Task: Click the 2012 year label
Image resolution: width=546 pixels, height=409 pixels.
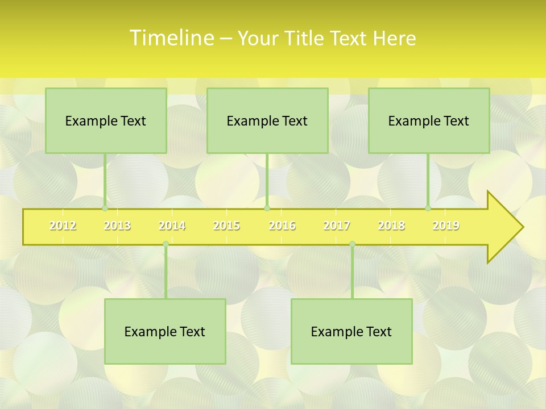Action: tap(63, 226)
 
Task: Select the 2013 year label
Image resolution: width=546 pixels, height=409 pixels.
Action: tap(117, 226)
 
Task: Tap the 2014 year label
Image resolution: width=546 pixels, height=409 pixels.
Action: tap(172, 226)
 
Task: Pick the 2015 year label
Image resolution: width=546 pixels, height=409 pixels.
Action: tap(226, 226)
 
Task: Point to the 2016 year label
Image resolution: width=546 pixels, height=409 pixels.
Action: tap(282, 226)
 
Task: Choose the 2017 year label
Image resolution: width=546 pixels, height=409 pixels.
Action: tap(337, 226)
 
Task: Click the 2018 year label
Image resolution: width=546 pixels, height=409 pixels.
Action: tap(391, 226)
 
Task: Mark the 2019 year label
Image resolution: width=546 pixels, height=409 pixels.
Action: tap(446, 226)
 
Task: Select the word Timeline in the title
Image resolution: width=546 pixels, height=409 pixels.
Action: tap(171, 38)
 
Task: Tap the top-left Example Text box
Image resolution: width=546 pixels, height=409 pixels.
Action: tap(106, 121)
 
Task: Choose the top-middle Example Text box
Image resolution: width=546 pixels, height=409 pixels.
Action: tap(267, 121)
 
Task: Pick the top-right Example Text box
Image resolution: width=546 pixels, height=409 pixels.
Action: tap(429, 121)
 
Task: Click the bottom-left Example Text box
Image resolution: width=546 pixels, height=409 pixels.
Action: tap(165, 332)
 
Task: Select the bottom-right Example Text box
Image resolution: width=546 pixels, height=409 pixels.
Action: tap(351, 332)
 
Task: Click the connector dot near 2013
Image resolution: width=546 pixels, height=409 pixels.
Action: tap(105, 208)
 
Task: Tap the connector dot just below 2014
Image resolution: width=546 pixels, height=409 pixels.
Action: tap(166, 244)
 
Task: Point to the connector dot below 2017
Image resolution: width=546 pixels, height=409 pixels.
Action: tap(352, 244)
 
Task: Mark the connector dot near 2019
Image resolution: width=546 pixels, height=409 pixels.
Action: tap(428, 208)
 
